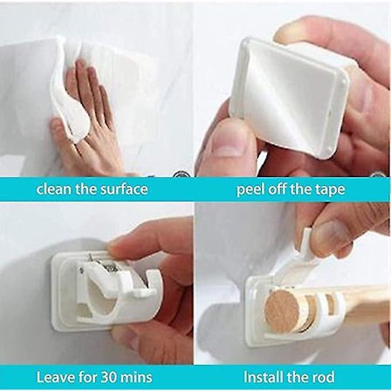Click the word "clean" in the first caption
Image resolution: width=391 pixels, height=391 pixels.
54,189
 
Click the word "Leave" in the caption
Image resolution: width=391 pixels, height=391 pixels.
51,377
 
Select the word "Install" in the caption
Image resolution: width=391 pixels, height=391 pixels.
263,377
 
